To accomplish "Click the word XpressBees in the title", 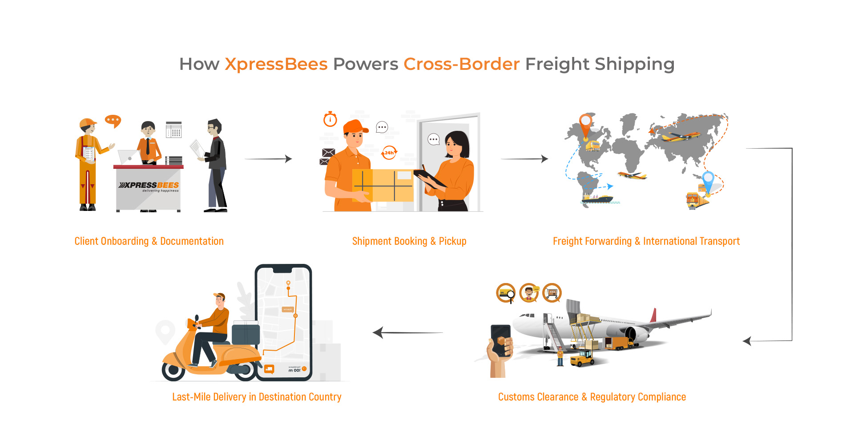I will (276, 64).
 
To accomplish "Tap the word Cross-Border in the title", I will (461, 64).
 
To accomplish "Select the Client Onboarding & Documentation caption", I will (149, 241).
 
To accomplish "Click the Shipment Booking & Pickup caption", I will (409, 241).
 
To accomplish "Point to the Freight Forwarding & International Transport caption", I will (646, 241).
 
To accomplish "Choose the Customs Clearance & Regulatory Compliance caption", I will (592, 397).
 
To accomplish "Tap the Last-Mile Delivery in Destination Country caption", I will (257, 397).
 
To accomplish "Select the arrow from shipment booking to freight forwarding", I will (524, 159).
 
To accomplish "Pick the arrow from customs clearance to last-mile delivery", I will (407, 332).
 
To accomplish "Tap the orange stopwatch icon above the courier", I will (330, 119).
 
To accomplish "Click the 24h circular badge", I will (389, 153).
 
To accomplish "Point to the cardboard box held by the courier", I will (383, 185).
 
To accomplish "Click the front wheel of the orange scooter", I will (173, 370).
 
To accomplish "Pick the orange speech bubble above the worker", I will (113, 121).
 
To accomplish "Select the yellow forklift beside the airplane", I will (582, 358).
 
